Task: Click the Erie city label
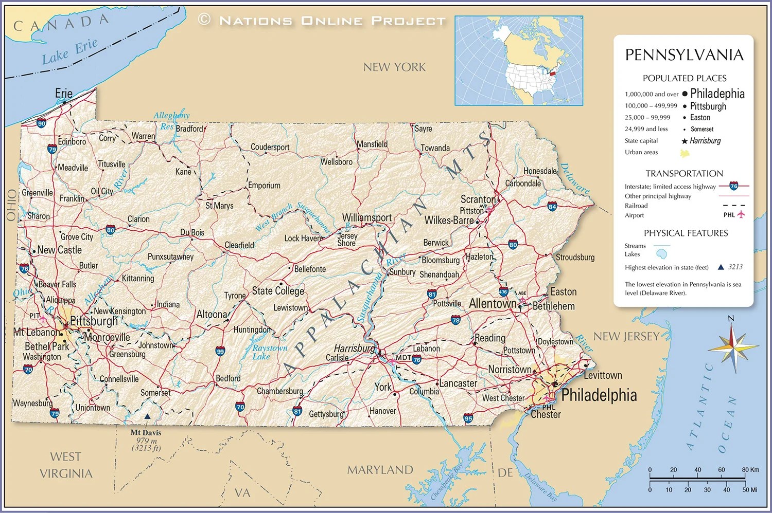click(64, 93)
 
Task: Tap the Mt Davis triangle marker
click(147, 417)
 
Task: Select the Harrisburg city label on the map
click(354, 348)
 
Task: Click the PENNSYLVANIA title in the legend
click(684, 55)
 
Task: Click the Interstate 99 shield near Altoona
click(220, 352)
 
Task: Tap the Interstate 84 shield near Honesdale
click(552, 207)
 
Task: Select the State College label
click(278, 291)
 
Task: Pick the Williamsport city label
click(367, 217)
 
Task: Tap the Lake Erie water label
click(69, 51)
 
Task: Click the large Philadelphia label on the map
click(599, 395)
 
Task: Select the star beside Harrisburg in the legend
click(685, 141)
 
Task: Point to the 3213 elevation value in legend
click(735, 267)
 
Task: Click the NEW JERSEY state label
click(626, 337)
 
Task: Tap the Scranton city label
click(478, 199)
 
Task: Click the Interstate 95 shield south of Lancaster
click(468, 418)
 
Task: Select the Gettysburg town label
click(326, 414)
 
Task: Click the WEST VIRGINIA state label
click(66, 465)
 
